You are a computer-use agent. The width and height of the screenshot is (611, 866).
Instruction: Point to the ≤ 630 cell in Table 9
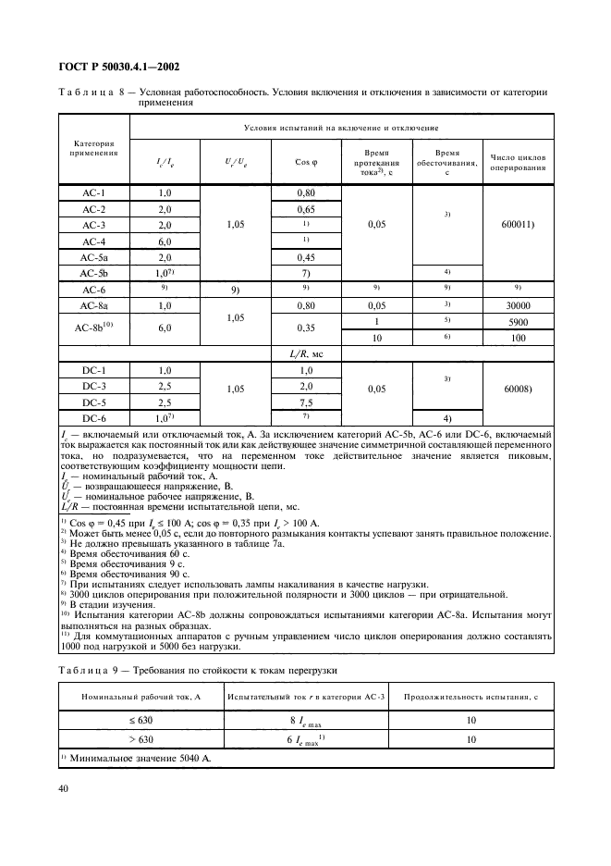(141, 721)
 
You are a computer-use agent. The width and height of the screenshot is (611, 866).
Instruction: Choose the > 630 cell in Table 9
(141, 740)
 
